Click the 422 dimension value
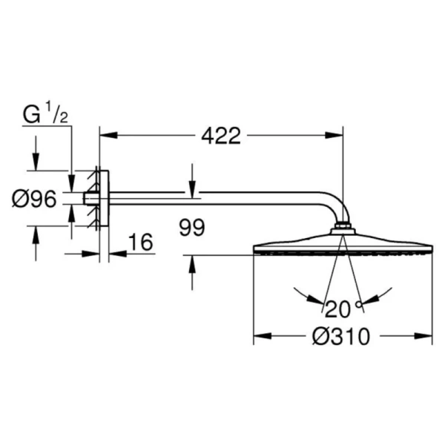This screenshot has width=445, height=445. coord(220,136)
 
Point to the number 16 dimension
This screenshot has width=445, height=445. coord(139,242)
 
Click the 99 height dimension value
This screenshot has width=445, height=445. coord(191,227)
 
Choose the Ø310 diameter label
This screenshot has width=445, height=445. coord(341,337)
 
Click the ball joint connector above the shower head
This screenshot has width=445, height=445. coord(342,227)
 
